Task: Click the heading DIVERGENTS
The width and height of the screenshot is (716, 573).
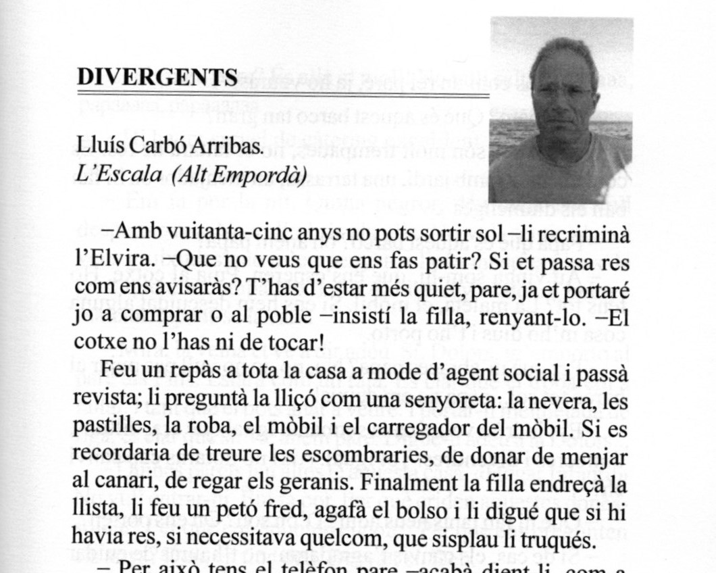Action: pos(157,78)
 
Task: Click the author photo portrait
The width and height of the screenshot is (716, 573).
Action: pos(561,111)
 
